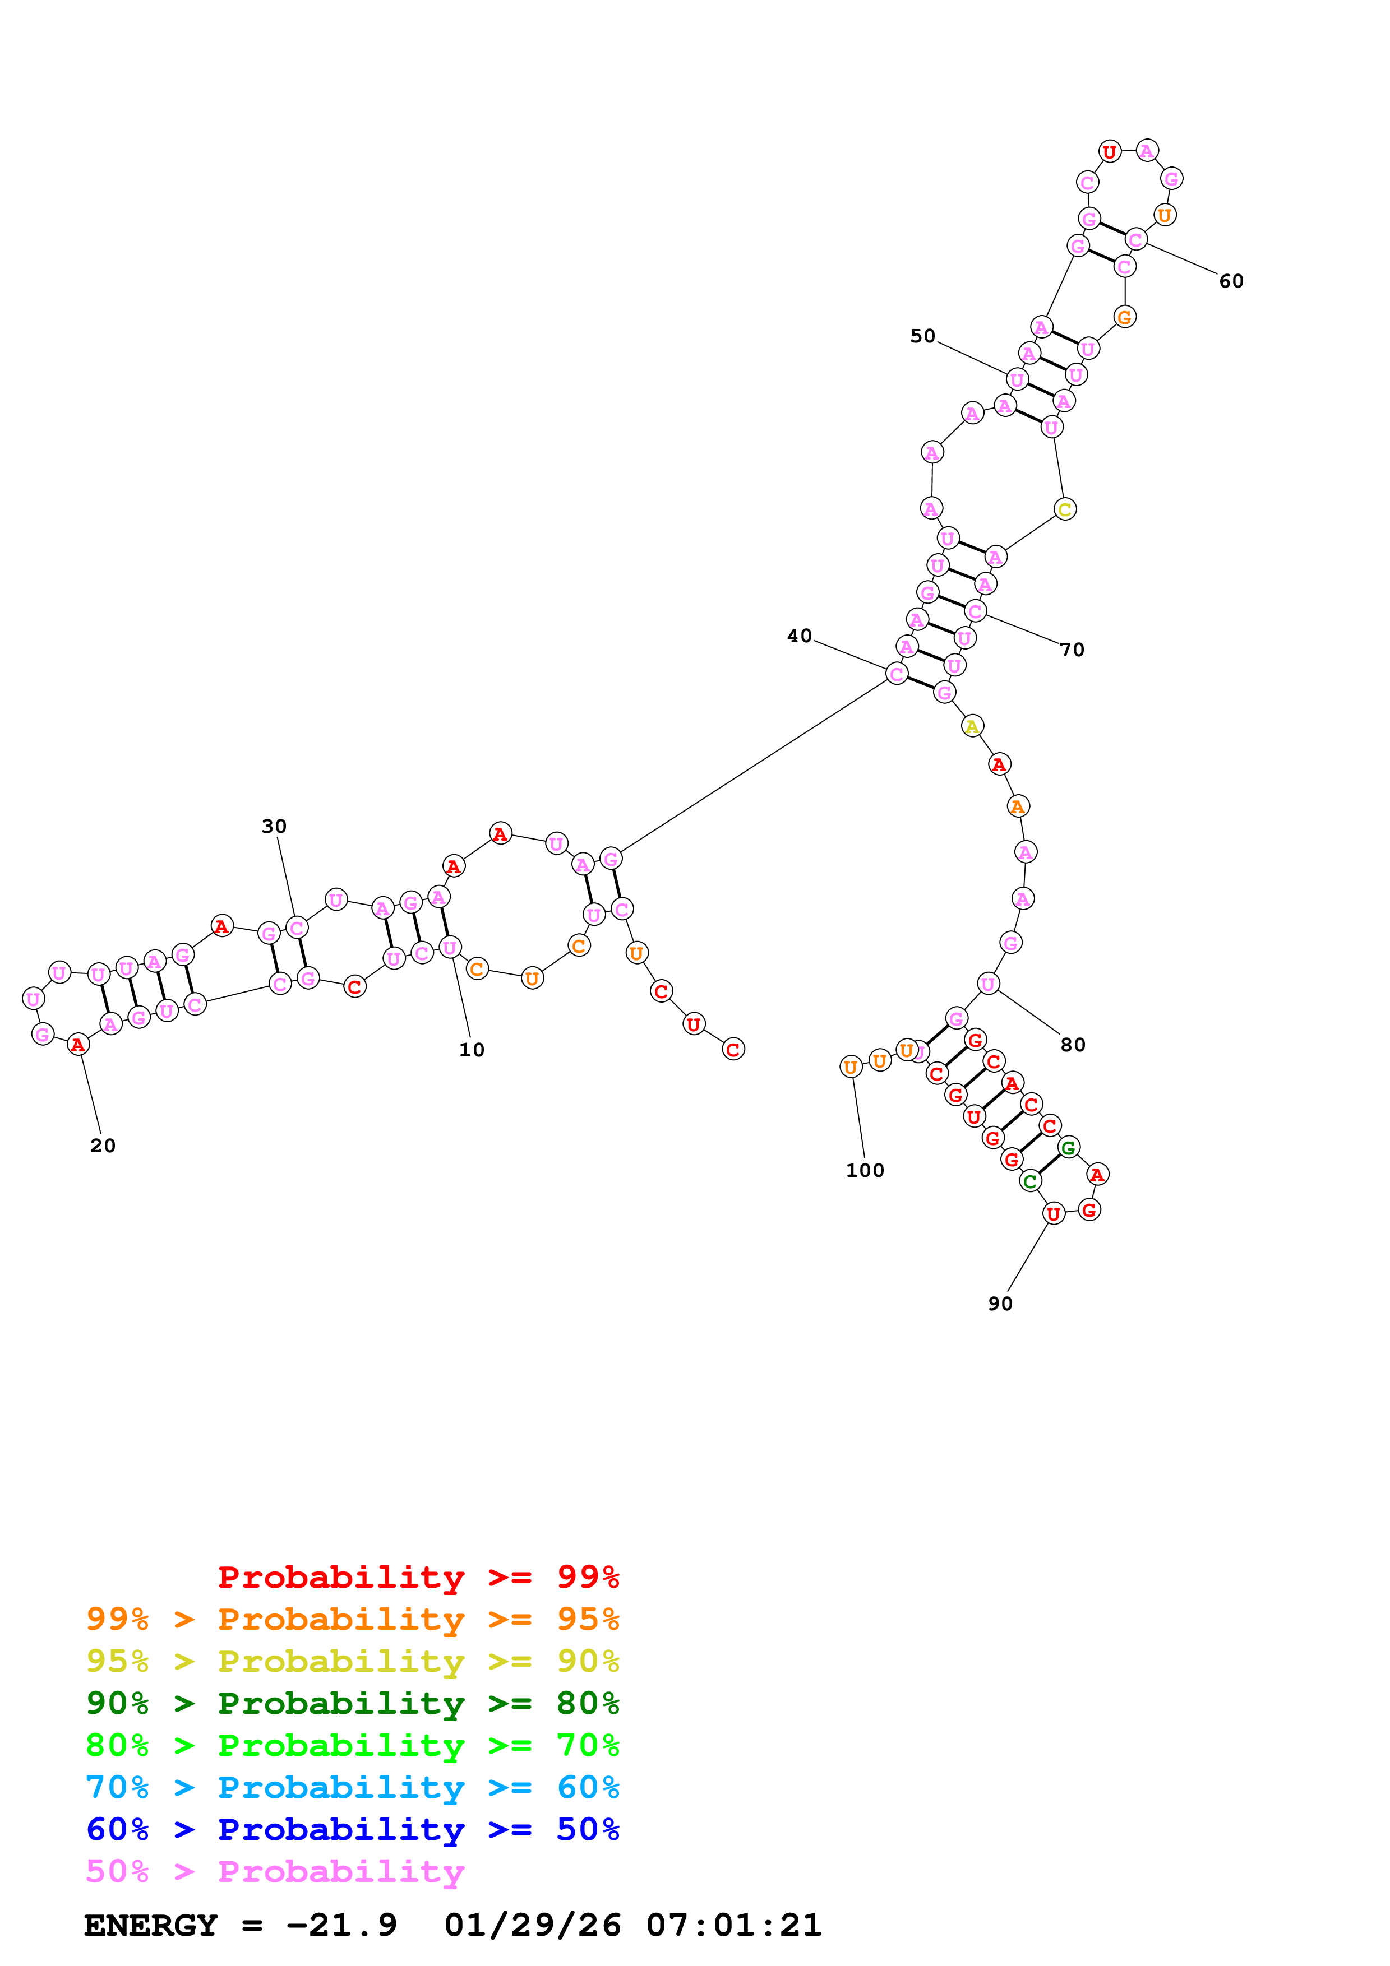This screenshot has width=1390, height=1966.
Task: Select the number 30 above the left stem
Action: point(274,826)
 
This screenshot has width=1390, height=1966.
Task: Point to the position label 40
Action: point(799,636)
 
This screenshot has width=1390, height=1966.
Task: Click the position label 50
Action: point(922,336)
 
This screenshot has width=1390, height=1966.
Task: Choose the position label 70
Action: point(1072,650)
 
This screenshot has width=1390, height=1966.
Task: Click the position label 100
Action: point(865,1171)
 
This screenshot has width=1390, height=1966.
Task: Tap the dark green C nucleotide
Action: point(1030,1181)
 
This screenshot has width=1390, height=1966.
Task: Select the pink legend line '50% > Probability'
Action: point(274,1872)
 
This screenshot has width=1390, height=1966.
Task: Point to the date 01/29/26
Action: point(533,1925)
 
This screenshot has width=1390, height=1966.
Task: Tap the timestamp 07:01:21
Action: point(734,1925)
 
